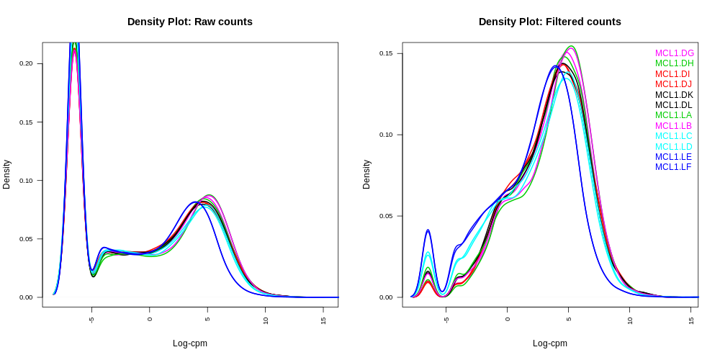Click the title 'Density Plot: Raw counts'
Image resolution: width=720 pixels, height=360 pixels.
point(190,22)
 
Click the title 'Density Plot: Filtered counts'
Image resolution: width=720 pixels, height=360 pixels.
point(550,22)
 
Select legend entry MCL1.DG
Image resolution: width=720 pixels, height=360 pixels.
point(674,53)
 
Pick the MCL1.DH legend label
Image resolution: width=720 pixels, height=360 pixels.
point(674,63)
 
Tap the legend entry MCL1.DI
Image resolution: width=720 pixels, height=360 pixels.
point(672,74)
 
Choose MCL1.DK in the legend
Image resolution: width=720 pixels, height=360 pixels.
point(674,95)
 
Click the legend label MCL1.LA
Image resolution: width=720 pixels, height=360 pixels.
point(673,115)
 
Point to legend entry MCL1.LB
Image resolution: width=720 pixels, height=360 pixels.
point(673,126)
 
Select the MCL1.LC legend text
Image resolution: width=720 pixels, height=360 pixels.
point(673,136)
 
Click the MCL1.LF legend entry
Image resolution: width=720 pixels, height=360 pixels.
point(672,167)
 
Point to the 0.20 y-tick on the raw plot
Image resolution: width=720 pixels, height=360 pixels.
point(26,63)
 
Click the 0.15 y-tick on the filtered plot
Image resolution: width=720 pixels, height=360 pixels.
point(386,53)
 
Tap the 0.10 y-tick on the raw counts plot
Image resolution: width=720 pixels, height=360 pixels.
point(26,180)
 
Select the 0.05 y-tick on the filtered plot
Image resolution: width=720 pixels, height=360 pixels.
point(386,216)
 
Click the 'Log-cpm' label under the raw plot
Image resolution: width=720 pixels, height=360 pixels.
point(190,343)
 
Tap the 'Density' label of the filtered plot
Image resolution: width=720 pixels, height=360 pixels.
point(366,174)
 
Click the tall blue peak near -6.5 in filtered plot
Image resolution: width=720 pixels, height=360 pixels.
point(428,230)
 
